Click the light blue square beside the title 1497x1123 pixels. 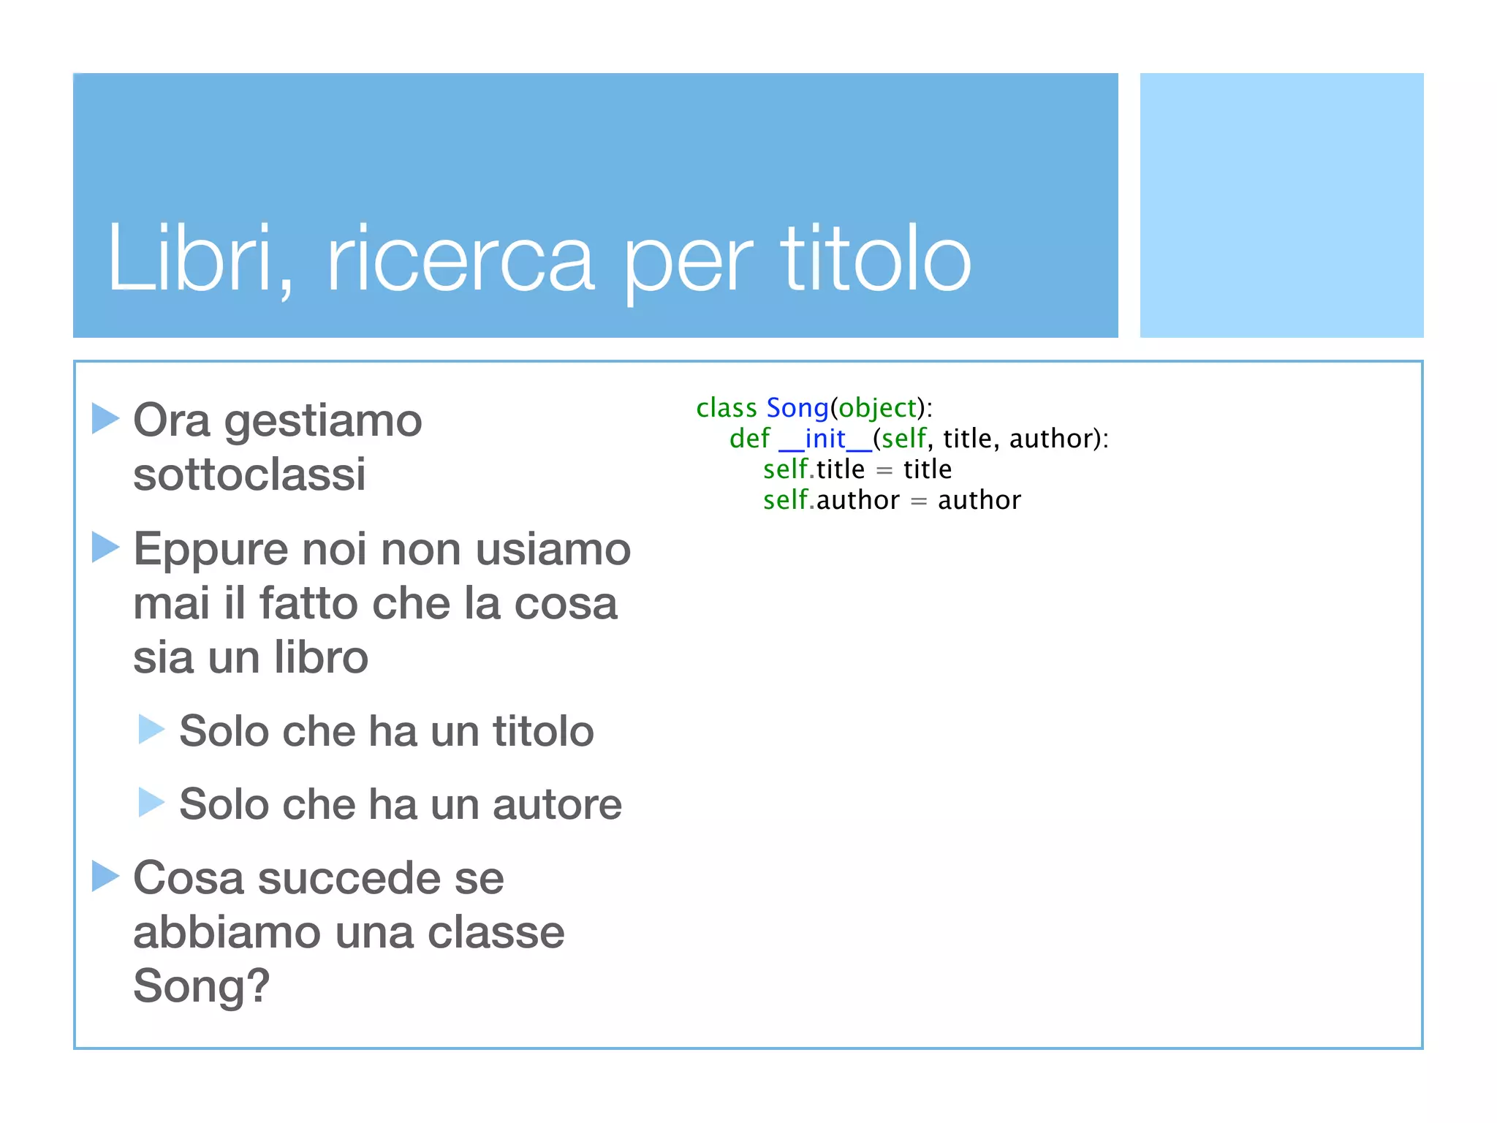[1281, 205]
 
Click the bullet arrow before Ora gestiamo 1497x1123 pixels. [105, 418]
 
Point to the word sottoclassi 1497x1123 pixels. [249, 474]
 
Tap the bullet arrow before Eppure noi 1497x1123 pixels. [105, 547]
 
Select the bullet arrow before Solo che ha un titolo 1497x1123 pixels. [151, 729]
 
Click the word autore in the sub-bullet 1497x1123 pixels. [556, 804]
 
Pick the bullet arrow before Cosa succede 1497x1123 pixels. [105, 876]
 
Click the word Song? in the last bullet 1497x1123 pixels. [201, 986]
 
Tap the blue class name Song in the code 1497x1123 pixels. [797, 408]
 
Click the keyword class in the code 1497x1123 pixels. [726, 408]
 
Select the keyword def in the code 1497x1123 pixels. [749, 439]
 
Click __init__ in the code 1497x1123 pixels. [825, 439]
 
